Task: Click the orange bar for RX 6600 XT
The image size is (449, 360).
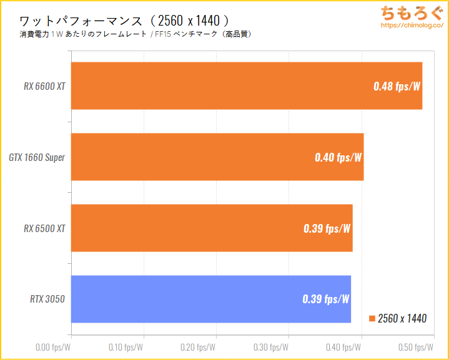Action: click(x=247, y=86)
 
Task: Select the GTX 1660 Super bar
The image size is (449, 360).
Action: click(x=217, y=157)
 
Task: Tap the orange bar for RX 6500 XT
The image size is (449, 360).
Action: click(x=212, y=228)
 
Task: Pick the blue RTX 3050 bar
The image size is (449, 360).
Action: click(x=211, y=299)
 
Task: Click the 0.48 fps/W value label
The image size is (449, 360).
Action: click(x=397, y=86)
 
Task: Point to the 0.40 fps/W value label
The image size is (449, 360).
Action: click(x=338, y=157)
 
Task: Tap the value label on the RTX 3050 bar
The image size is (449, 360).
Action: click(x=325, y=299)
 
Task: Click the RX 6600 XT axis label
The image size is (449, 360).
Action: click(x=44, y=86)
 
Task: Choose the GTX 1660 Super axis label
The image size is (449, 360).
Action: click(x=37, y=157)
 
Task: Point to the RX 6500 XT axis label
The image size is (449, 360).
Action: click(x=44, y=228)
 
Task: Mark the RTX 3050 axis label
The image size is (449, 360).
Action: click(x=48, y=299)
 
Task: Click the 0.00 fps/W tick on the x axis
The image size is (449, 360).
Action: click(x=53, y=346)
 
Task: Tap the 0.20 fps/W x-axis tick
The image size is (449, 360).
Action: click(x=198, y=346)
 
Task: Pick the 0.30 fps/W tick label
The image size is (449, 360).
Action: click(x=271, y=346)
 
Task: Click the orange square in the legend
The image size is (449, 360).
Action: click(x=373, y=319)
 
